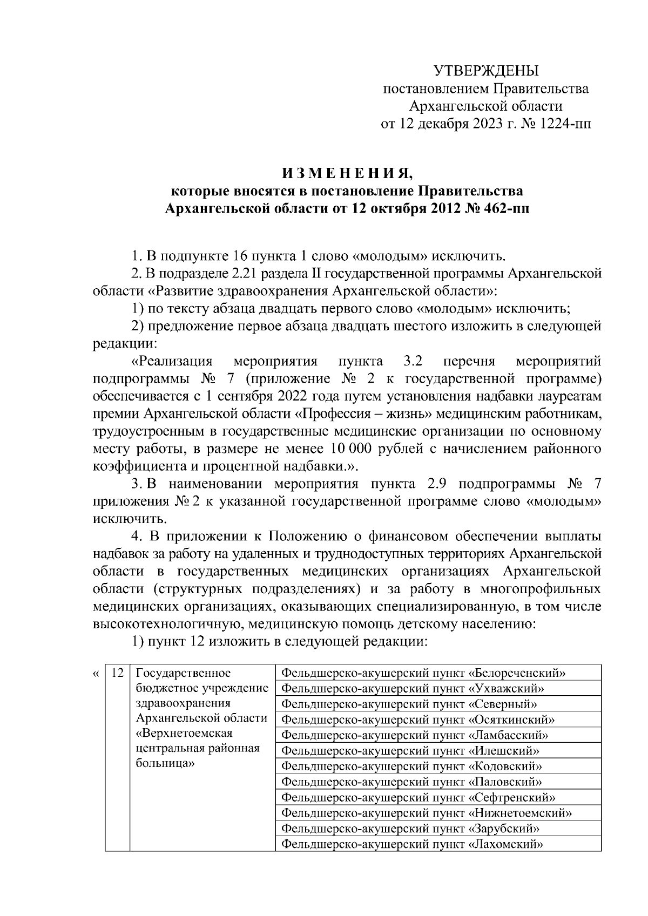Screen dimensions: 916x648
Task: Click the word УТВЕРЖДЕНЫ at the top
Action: click(x=487, y=71)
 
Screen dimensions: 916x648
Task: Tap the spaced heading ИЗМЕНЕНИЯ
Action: click(x=347, y=174)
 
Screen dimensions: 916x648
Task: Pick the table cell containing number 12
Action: click(x=117, y=673)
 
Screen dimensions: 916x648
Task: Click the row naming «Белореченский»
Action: click(x=424, y=673)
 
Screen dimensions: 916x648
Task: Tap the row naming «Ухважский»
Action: click(x=413, y=688)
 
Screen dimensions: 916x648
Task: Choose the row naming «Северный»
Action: click(x=410, y=704)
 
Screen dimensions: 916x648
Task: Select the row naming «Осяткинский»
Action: click(x=418, y=720)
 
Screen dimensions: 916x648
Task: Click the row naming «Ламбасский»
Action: click(x=415, y=735)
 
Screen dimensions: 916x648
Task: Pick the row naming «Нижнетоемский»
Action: click(x=427, y=813)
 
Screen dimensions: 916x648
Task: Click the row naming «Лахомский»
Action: click(x=412, y=844)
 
